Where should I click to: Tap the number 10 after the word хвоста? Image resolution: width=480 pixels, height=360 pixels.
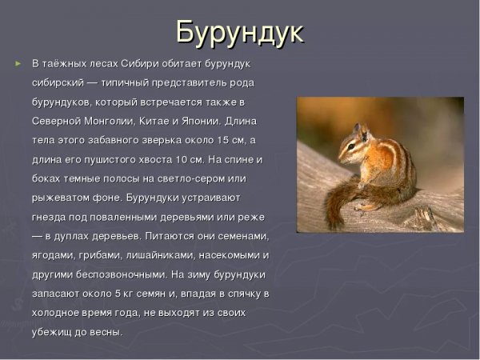(183, 159)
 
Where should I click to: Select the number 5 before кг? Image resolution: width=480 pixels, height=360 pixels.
(117, 294)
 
